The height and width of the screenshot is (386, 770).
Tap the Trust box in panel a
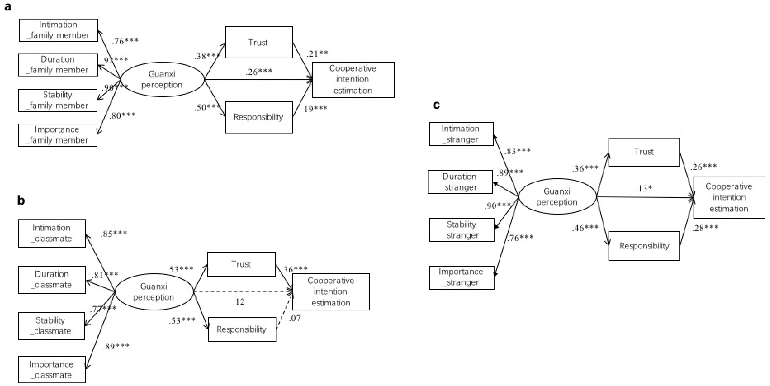(259, 42)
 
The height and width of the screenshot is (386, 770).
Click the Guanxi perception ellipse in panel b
(154, 292)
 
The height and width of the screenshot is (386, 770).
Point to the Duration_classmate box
(52, 280)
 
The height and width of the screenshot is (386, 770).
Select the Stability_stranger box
(462, 230)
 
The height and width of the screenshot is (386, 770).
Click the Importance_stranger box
(462, 277)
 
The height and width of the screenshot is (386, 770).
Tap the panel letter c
(436, 105)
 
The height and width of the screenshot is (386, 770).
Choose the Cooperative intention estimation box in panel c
(729, 197)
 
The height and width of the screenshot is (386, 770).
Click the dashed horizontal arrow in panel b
(242, 292)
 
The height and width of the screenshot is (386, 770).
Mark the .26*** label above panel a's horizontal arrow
(259, 72)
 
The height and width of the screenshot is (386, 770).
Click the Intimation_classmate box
(52, 233)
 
